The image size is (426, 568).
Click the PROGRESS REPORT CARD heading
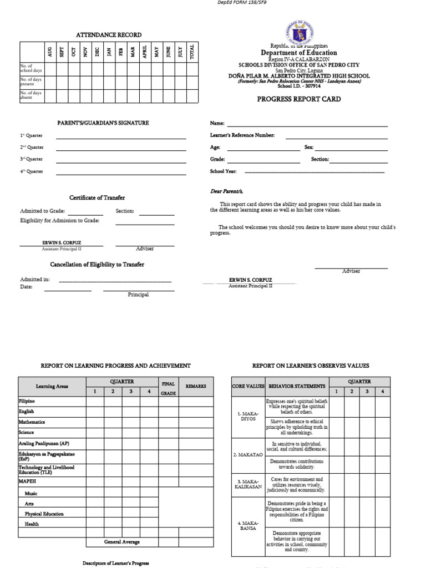point(298,99)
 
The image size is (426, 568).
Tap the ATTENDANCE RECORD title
point(109,35)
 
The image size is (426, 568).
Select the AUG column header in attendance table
point(50,52)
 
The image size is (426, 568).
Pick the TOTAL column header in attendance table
point(192,52)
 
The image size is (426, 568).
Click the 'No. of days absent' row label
point(32,95)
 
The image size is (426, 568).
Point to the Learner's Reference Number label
point(242,135)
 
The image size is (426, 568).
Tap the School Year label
point(223,171)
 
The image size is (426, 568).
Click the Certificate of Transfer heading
point(97,197)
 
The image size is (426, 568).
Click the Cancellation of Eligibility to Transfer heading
point(97,265)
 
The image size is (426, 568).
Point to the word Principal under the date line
point(138,295)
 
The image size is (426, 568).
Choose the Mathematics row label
point(32,422)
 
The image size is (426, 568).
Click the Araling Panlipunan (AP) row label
point(44,444)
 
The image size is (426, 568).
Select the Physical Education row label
point(44,514)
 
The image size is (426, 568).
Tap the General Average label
point(122,542)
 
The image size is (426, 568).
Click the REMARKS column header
point(196,386)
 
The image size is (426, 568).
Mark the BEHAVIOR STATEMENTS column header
point(297,386)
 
